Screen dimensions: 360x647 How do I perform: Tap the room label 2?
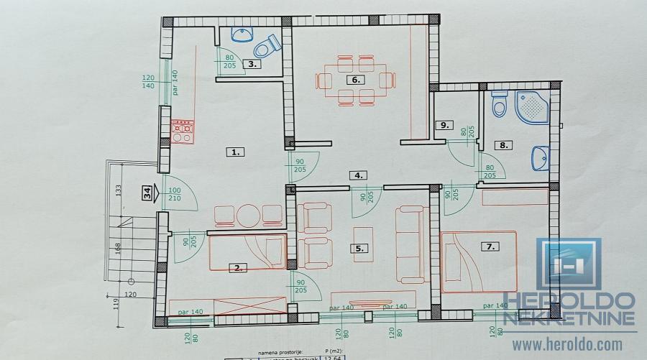(237, 268)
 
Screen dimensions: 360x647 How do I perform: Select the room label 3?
(252, 64)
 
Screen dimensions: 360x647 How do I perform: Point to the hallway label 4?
(357, 175)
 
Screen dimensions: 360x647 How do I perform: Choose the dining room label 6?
(355, 80)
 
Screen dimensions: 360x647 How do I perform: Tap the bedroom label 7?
(491, 246)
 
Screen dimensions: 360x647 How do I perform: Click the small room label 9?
(445, 125)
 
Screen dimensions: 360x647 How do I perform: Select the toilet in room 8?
(498, 106)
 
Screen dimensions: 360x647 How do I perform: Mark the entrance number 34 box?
(147, 193)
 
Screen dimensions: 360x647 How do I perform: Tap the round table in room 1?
(249, 215)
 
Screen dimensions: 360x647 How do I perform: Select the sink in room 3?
(239, 34)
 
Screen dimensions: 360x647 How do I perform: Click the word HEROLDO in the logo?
(568, 300)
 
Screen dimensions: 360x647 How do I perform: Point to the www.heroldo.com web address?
(568, 345)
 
